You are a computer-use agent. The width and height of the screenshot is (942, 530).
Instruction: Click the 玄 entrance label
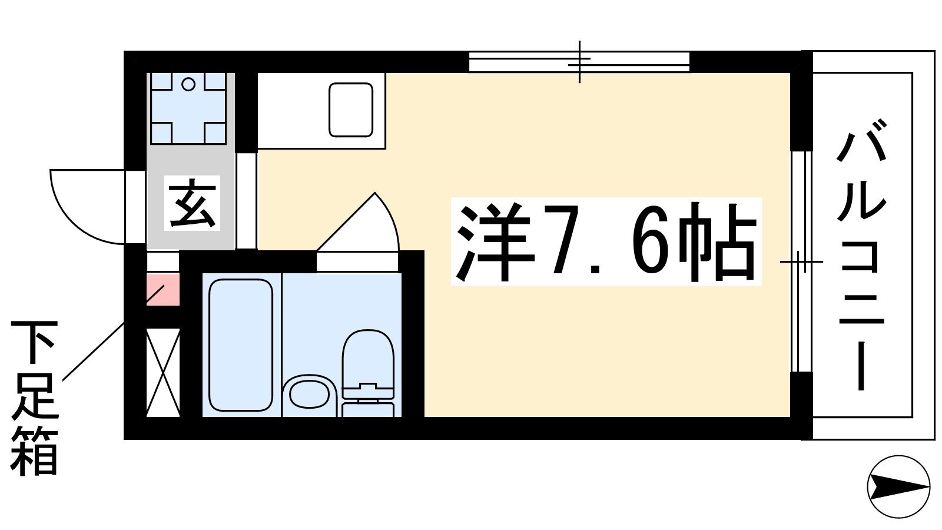tap(192, 203)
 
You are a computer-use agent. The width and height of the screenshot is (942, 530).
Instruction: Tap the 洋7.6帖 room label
tap(606, 241)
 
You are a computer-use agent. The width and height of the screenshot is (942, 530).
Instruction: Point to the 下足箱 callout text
tap(34, 397)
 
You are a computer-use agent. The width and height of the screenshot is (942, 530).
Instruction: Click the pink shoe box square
tap(162, 289)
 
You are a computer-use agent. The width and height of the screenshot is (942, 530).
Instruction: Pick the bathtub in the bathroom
tap(241, 345)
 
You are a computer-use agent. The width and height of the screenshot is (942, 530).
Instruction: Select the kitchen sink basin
tap(351, 110)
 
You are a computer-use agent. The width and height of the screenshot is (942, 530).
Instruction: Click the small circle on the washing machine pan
tap(188, 85)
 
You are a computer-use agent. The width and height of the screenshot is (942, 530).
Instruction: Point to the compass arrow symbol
tap(898, 486)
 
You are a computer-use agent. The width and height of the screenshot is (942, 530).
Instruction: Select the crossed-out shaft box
tap(162, 372)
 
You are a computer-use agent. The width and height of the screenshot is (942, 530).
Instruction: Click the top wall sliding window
tap(579, 62)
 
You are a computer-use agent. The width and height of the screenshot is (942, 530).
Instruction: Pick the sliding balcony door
tap(801, 261)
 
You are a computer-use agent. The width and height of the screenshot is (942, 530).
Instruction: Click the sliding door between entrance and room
tap(246, 201)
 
